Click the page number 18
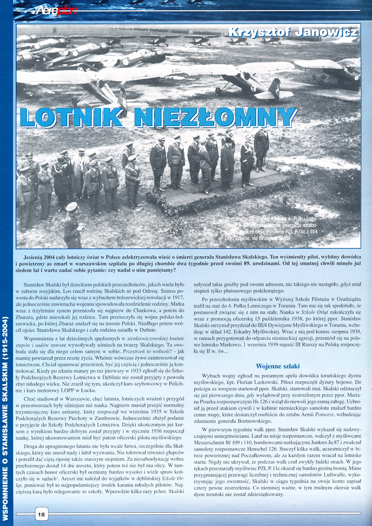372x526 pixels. point(41,514)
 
